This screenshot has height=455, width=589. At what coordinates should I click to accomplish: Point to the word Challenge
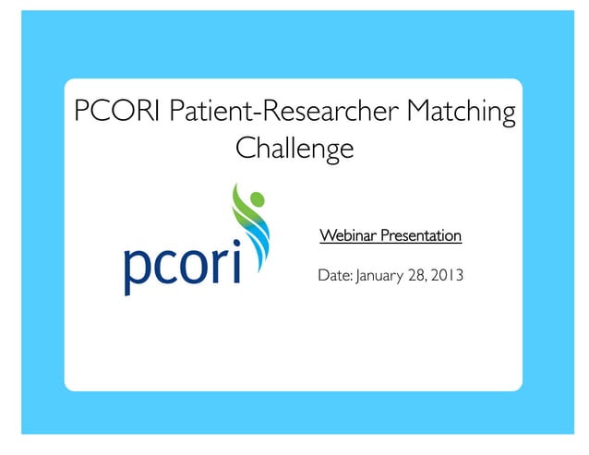(294, 148)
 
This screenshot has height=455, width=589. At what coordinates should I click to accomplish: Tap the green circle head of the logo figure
(258, 198)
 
